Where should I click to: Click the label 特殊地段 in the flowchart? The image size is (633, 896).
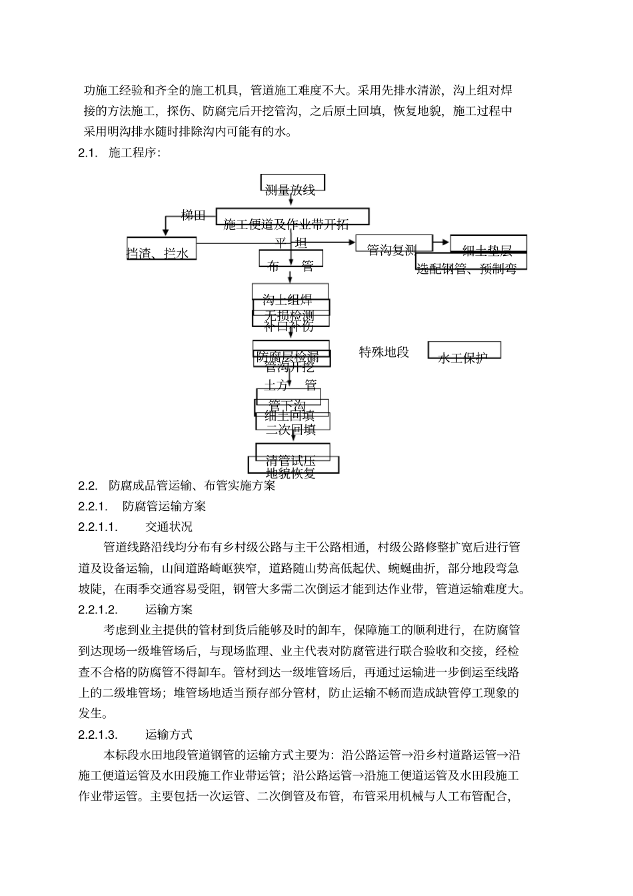tap(384, 352)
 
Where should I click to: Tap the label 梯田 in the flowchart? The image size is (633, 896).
tap(194, 215)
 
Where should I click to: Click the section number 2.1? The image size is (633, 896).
tap(87, 153)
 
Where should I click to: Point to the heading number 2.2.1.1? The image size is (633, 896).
tap(98, 527)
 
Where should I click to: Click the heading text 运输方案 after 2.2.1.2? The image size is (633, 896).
tap(169, 610)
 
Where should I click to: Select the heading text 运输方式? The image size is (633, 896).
tap(169, 735)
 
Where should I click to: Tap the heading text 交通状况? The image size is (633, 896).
tap(169, 527)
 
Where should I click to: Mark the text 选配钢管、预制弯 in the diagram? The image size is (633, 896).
tap(466, 268)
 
